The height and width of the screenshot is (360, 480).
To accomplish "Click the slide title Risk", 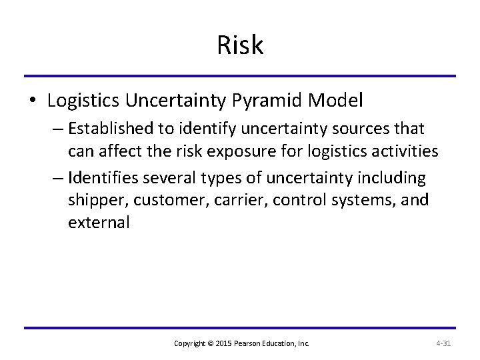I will (240, 45).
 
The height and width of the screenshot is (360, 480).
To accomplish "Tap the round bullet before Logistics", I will (31, 102).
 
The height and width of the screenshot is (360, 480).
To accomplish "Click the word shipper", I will (94, 200).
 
